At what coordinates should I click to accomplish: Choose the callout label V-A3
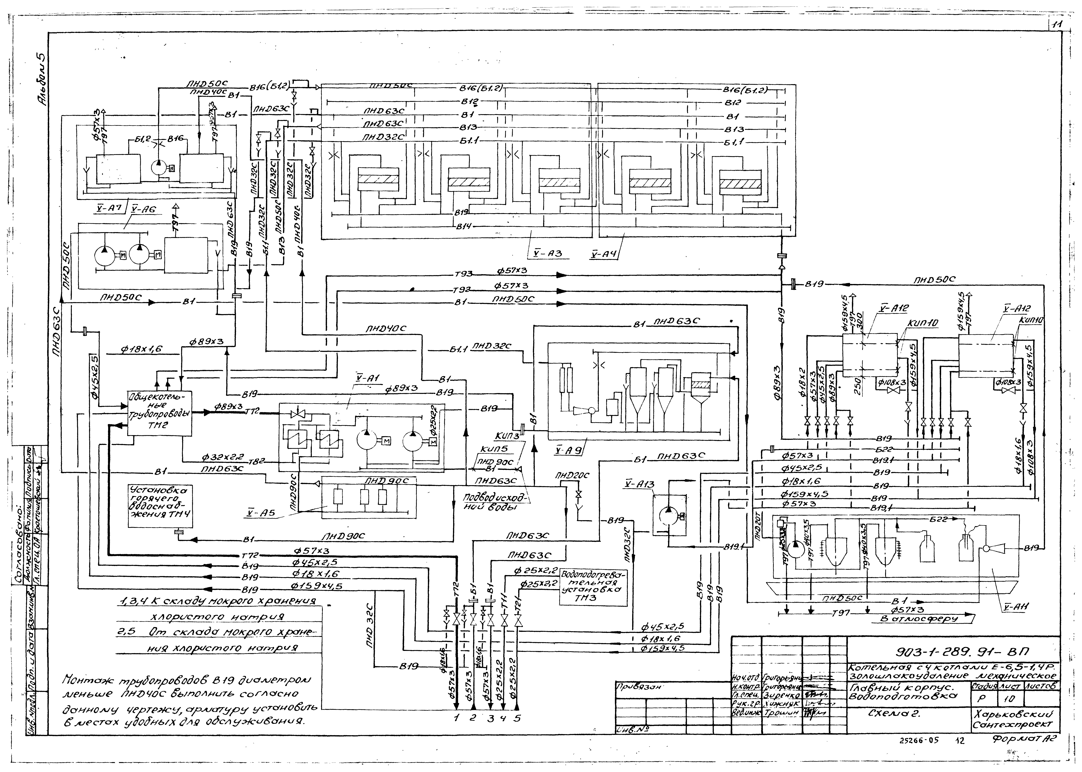pos(546,253)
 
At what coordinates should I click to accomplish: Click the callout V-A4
pos(604,253)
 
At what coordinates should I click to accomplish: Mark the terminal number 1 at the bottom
pos(456,718)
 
